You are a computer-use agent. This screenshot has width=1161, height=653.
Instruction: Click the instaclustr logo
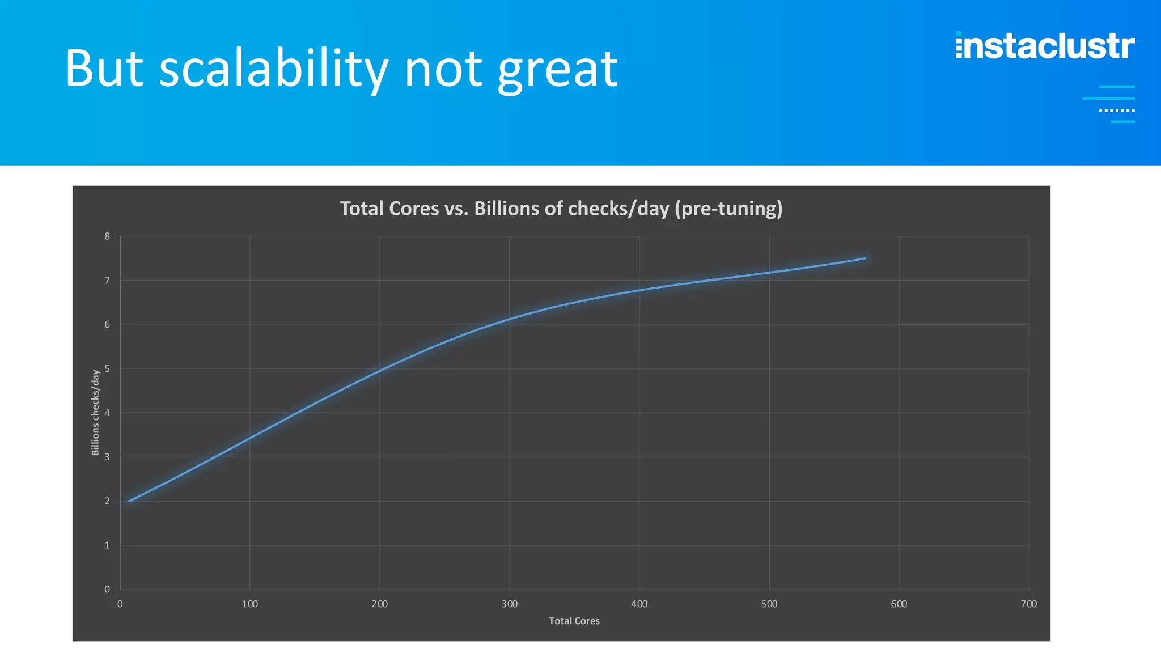[x=1045, y=46]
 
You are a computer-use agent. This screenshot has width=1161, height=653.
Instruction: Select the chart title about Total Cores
[x=561, y=209]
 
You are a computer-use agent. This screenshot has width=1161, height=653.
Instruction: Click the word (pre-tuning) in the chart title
[x=728, y=209]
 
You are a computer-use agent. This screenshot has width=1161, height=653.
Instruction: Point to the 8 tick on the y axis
[x=107, y=236]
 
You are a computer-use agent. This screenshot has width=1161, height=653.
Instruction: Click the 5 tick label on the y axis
[x=107, y=369]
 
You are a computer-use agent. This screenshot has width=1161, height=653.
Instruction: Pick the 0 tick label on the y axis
[x=107, y=590]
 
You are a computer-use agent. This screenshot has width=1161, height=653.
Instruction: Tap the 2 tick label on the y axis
[x=107, y=501]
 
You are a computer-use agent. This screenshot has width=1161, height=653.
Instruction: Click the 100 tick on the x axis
[x=249, y=604]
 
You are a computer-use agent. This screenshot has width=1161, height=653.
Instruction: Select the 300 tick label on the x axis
[x=509, y=604]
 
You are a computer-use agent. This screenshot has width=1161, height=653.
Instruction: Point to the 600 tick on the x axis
[x=899, y=604]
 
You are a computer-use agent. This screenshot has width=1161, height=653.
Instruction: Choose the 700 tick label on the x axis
[x=1028, y=604]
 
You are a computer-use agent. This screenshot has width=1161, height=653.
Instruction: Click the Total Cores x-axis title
[x=574, y=621]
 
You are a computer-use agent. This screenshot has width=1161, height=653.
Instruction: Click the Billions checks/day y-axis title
[x=95, y=412]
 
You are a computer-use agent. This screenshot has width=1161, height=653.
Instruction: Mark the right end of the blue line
[x=865, y=258]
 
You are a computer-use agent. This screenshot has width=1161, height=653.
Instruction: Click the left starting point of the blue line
[x=129, y=501]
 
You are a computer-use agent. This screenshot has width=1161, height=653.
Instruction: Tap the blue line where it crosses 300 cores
[x=509, y=319]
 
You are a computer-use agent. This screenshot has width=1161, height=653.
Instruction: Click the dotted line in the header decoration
[x=1117, y=111]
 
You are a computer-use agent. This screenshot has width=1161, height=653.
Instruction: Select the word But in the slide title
[x=104, y=69]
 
